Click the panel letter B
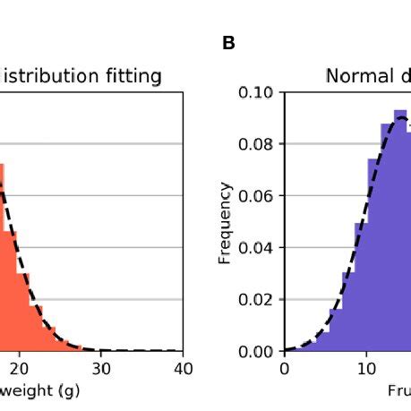point(228,43)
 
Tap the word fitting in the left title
point(130,76)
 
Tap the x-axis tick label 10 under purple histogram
point(365,367)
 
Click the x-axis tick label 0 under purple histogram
point(284,367)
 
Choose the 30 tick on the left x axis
point(101,367)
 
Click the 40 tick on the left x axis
point(183,367)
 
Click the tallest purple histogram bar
point(400,233)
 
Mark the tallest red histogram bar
point(3,260)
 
